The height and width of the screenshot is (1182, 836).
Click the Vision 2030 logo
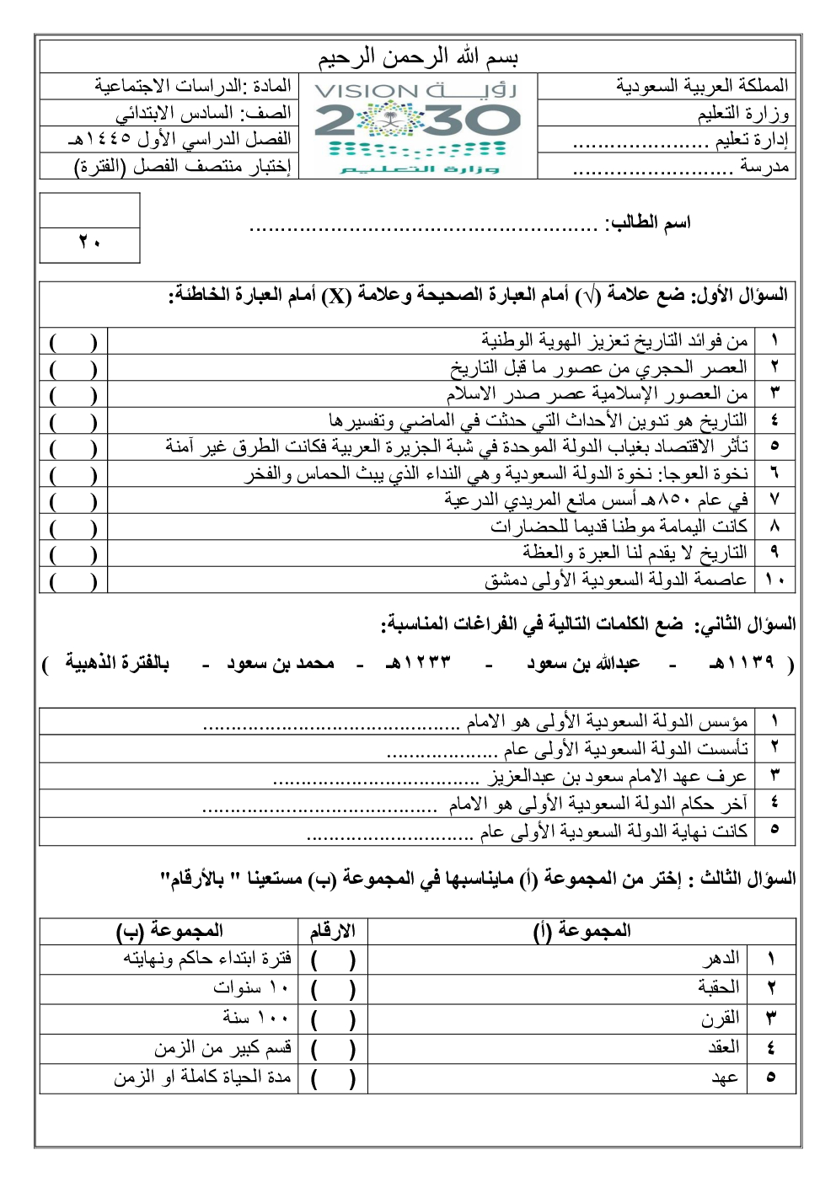coord(418,126)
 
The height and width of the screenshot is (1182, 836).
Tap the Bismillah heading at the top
coord(418,57)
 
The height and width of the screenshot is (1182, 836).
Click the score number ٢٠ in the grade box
coord(89,243)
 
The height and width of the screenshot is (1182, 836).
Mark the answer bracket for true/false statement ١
coord(73,342)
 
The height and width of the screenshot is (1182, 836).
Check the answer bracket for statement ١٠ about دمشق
coord(73,580)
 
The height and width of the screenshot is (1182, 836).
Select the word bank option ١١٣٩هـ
coord(742,663)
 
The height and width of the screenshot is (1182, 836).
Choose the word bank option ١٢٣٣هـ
coord(418,663)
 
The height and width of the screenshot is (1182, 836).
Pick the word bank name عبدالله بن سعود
coord(583,663)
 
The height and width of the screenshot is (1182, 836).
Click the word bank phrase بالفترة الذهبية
coord(118,663)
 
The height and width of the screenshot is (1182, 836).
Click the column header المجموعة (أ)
coord(581,931)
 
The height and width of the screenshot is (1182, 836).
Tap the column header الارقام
coord(333,931)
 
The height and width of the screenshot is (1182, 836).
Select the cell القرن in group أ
coord(721,1019)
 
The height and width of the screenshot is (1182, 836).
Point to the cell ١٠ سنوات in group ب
coord(251,987)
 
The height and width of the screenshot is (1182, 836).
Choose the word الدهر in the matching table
coord(722,959)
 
